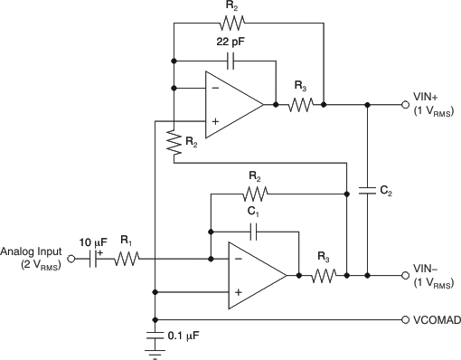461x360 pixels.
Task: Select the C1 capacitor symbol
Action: pos(256,232)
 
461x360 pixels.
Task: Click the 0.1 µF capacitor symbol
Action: pos(156,339)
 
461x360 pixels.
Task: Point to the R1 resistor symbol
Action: pos(127,259)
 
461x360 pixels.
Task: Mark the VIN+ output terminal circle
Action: pos(406,105)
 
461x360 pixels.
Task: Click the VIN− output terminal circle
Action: pos(406,274)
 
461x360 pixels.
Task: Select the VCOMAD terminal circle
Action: pos(406,320)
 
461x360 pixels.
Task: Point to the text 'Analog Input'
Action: pos(32,251)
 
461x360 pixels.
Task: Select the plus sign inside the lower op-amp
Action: pos(237,292)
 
